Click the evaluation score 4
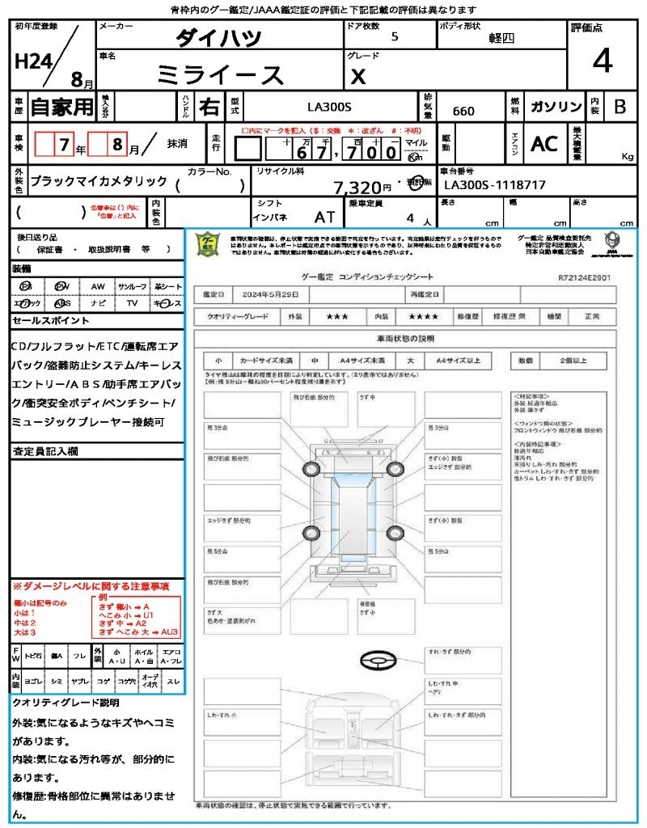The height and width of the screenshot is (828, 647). (602, 61)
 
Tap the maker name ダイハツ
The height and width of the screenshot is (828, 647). (219, 38)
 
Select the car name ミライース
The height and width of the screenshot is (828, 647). (220, 75)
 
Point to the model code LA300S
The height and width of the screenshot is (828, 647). (329, 106)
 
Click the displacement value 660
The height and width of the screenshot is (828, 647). (463, 111)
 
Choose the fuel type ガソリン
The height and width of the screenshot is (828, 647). (556, 107)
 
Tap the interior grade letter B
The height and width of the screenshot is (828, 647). (620, 107)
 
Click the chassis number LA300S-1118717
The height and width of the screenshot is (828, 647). (495, 185)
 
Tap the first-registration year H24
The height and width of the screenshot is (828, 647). (32, 62)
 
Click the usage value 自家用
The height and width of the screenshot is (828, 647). (62, 107)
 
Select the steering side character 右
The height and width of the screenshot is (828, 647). (209, 107)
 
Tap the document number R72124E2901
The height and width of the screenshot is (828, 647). (584, 277)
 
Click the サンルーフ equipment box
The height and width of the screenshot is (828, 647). (132, 286)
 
